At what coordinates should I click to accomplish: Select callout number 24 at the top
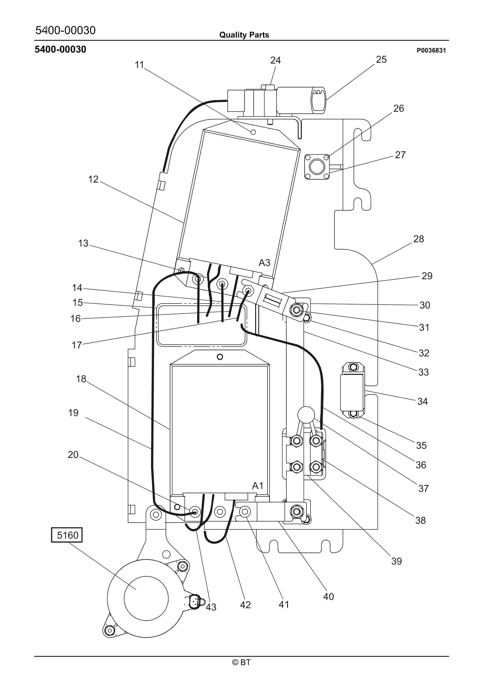pyautogui.click(x=275, y=61)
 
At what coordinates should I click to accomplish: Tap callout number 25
pyautogui.click(x=381, y=60)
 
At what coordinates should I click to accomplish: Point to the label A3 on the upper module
pyautogui.click(x=264, y=263)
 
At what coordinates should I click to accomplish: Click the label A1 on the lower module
pyautogui.click(x=258, y=486)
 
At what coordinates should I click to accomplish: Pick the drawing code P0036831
pyautogui.click(x=431, y=50)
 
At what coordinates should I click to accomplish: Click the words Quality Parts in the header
pyautogui.click(x=244, y=35)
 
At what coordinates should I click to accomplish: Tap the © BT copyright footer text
pyautogui.click(x=241, y=662)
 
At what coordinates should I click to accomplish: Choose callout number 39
pyautogui.click(x=396, y=561)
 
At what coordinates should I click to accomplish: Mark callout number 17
pyautogui.click(x=77, y=345)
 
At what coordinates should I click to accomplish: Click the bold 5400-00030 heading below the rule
pyautogui.click(x=60, y=50)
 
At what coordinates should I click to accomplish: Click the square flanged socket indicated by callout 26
pyautogui.click(x=317, y=167)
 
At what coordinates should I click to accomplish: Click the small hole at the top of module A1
pyautogui.click(x=220, y=357)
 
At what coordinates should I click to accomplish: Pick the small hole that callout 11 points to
pyautogui.click(x=253, y=132)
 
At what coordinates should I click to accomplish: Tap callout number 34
pyautogui.click(x=422, y=401)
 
